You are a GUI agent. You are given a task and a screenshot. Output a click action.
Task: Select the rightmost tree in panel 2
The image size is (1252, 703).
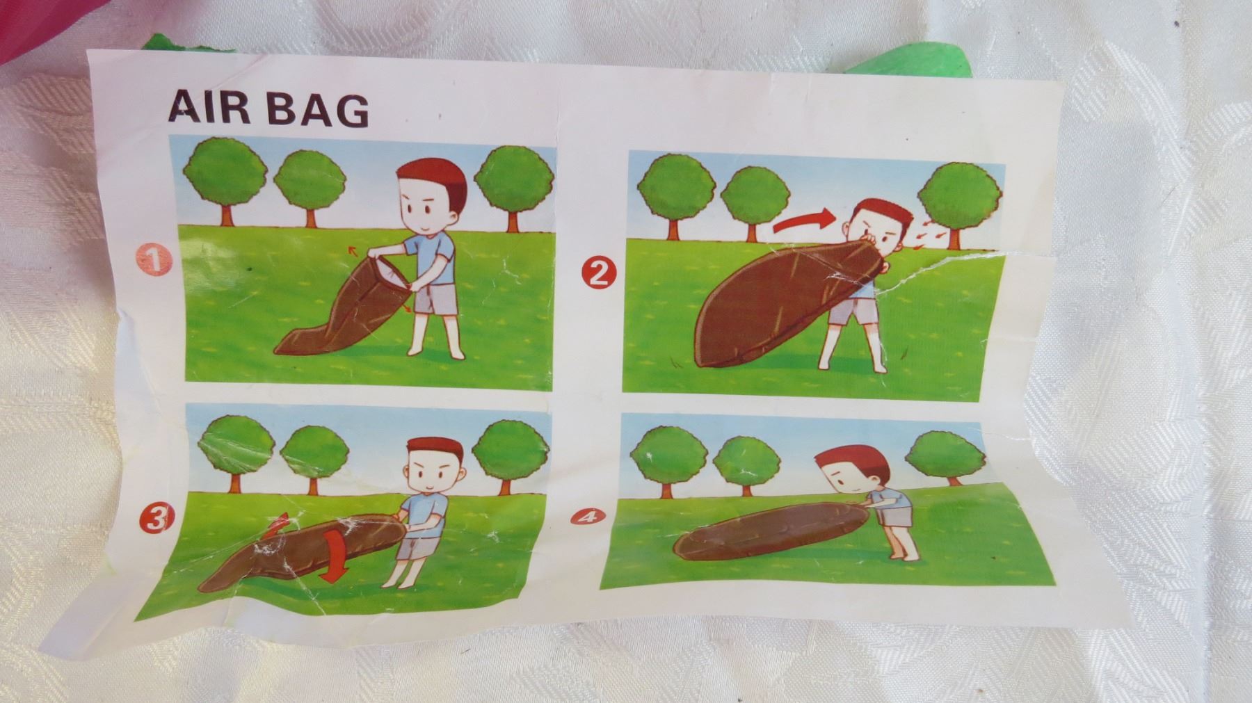coord(962,202)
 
